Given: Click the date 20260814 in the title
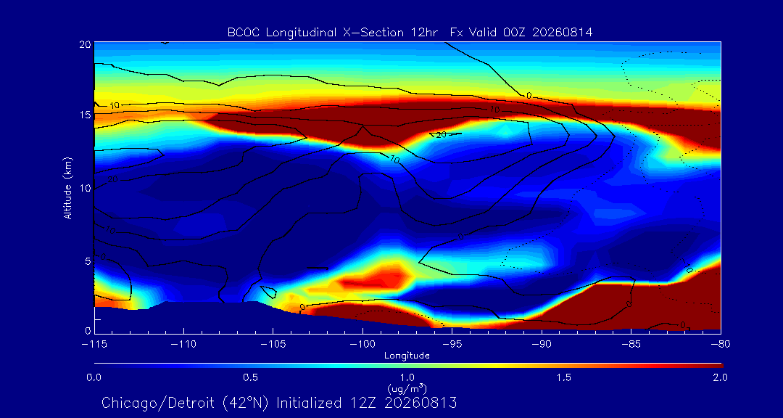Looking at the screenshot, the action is pyautogui.click(x=563, y=33).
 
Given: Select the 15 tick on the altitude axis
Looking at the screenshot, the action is pyautogui.click(x=85, y=115).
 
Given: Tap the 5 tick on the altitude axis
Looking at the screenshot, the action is pyautogui.click(x=88, y=261).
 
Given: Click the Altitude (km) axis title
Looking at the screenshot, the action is pyautogui.click(x=68, y=187).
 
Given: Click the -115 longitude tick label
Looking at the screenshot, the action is pyautogui.click(x=94, y=345).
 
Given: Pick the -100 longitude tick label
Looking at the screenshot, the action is pyautogui.click(x=362, y=345).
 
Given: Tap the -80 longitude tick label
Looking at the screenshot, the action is pyautogui.click(x=720, y=345).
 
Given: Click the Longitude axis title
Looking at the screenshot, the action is pyautogui.click(x=407, y=356).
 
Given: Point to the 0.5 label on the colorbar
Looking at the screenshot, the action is pyautogui.click(x=251, y=377).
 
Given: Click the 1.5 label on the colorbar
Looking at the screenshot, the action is pyautogui.click(x=564, y=377).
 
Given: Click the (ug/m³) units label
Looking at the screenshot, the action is pyautogui.click(x=407, y=388).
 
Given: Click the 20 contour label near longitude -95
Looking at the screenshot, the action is pyautogui.click(x=441, y=134).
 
